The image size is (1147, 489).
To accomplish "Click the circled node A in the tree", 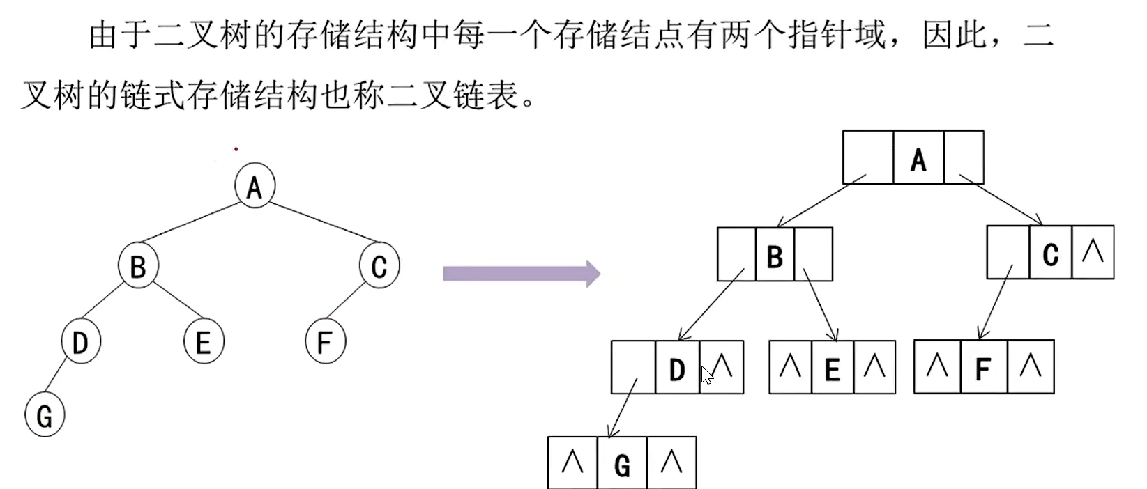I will (x=255, y=186).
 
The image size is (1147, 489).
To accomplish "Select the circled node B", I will (x=138, y=265).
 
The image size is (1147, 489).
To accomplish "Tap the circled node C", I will (x=379, y=265).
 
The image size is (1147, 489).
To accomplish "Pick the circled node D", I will (x=80, y=342).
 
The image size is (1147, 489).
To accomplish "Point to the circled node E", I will (x=203, y=342).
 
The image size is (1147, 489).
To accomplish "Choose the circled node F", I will (x=325, y=342).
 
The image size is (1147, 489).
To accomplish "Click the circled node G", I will (x=45, y=416).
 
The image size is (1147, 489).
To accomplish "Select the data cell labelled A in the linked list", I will (x=918, y=158).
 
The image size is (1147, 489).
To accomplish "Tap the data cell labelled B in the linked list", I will (x=775, y=255).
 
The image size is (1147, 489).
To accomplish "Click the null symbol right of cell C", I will (x=1093, y=252).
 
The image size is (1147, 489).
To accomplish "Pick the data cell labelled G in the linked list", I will (x=622, y=463).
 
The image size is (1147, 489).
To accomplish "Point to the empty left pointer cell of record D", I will (x=632, y=367).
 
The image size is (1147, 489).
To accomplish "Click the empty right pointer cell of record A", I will (x=964, y=158).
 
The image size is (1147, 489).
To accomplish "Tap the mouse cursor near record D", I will (x=707, y=375).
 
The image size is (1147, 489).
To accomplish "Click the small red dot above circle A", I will (x=236, y=148).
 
